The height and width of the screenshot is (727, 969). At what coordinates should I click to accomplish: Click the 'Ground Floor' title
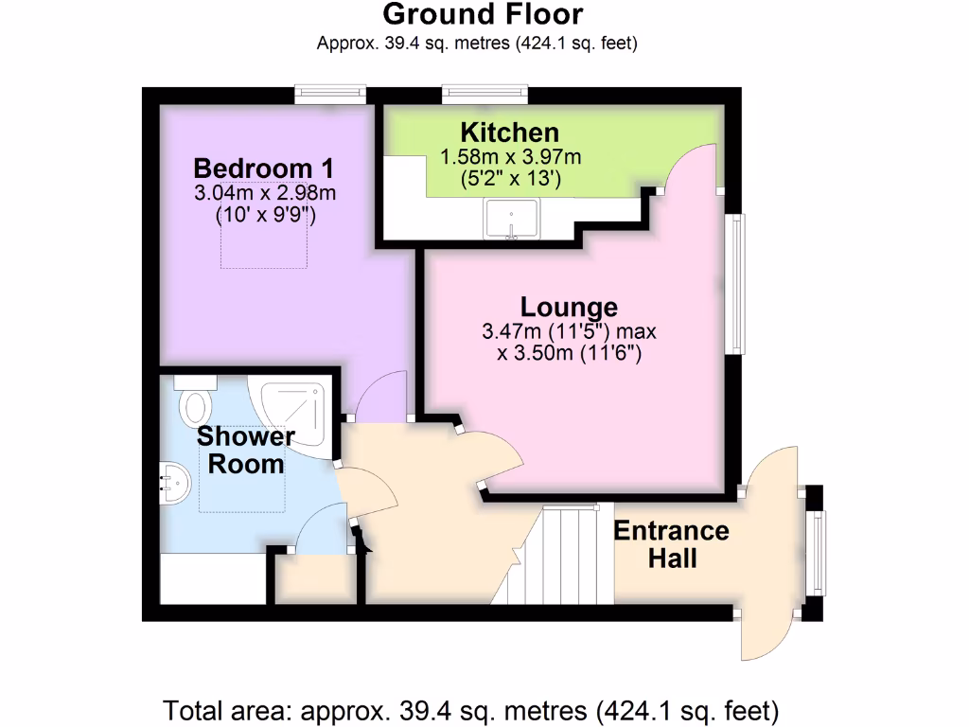483,15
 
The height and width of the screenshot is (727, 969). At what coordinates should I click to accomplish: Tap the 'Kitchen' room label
509,133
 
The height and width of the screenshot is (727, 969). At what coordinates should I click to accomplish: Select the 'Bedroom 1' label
264,168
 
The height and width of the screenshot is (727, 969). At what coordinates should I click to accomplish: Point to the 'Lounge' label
569,307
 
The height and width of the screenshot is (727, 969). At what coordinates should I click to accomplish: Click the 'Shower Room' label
246,451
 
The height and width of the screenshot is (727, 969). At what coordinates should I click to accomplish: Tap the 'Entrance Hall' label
671,543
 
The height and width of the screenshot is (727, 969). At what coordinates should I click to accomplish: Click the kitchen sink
511,220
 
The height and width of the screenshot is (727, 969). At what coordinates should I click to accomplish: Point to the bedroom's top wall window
329,93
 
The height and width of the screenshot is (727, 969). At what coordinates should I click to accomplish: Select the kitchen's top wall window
484,93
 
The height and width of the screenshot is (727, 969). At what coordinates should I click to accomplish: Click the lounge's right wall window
735,284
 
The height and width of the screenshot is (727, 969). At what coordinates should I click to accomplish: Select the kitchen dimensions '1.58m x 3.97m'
511,155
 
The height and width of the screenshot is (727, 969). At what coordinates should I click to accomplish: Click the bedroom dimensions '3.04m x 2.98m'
265,194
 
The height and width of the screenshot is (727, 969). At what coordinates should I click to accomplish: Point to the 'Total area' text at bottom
471,709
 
